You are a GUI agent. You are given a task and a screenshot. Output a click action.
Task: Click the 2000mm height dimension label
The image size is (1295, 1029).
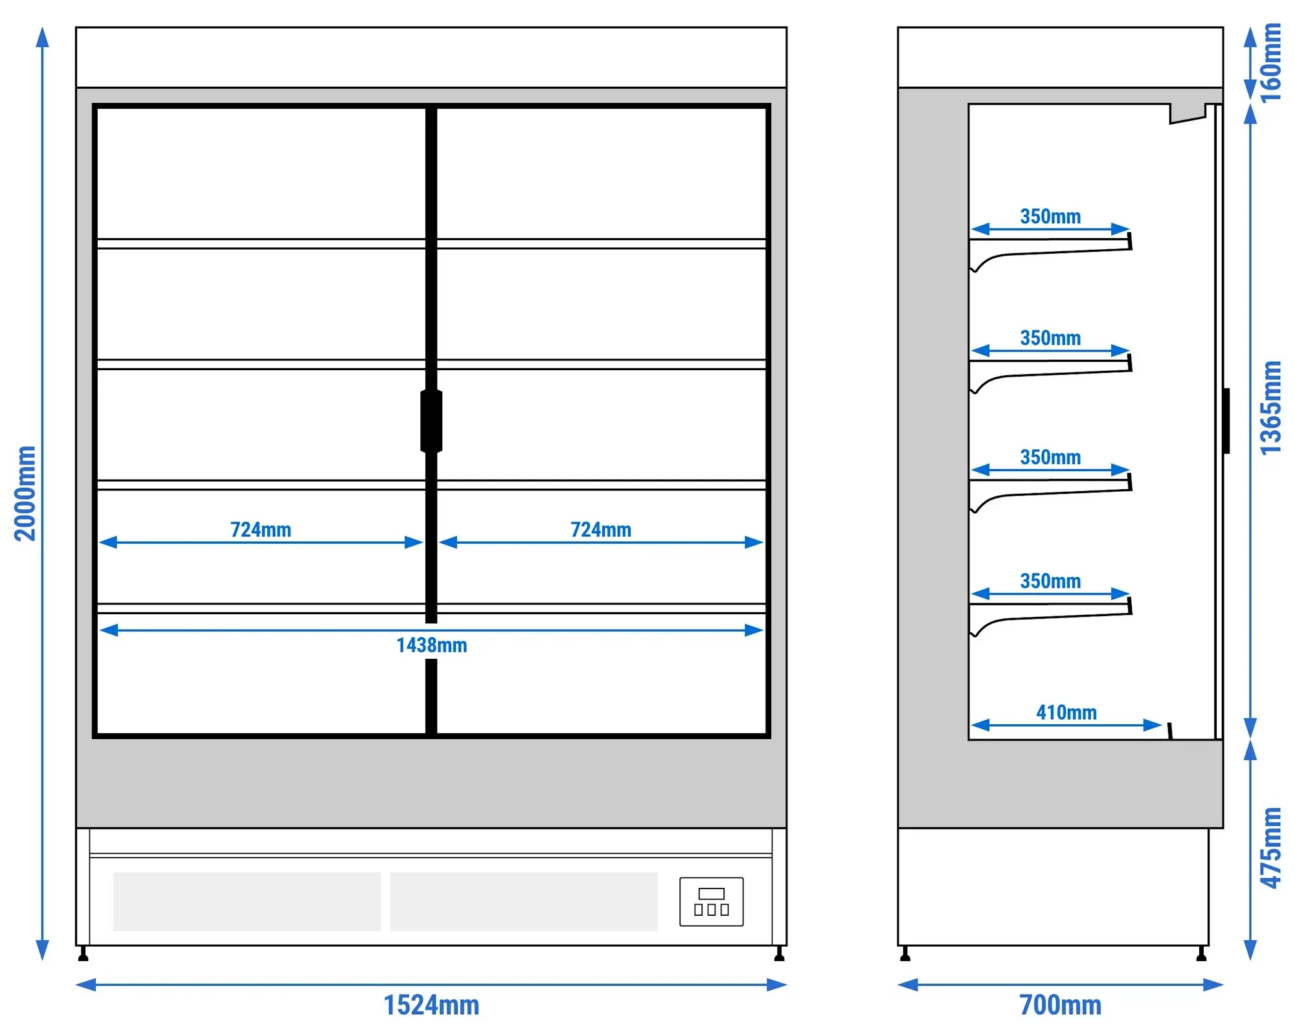tap(25, 493)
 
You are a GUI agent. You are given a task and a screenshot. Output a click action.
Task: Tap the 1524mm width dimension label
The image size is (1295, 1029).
tap(431, 1005)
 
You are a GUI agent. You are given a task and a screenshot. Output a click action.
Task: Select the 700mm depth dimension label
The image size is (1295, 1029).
tap(1060, 1005)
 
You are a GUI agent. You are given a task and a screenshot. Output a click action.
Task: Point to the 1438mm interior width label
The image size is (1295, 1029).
tap(431, 645)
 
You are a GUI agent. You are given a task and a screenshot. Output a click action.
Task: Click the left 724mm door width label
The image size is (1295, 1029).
tap(260, 529)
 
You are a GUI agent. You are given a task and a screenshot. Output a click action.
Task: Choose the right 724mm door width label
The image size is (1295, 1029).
tap(600, 529)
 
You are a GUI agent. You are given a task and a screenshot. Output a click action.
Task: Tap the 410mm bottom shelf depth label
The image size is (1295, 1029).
tap(1066, 713)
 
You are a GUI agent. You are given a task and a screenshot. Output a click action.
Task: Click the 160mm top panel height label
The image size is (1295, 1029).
tap(1271, 63)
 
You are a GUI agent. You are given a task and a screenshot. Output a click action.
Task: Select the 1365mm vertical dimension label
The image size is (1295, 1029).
tap(1271, 408)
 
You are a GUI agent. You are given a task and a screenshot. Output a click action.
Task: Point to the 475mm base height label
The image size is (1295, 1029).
tap(1271, 848)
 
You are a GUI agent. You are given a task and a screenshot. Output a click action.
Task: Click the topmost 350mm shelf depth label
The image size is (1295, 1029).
tap(1050, 216)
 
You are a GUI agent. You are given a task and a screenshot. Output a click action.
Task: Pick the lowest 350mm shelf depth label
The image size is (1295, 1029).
tap(1050, 581)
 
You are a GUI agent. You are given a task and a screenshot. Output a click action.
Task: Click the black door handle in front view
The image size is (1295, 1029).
tap(431, 421)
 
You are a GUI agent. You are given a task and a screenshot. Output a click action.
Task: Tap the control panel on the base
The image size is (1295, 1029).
tap(711, 902)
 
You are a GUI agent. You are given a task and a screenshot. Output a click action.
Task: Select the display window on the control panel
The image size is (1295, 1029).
tap(711, 894)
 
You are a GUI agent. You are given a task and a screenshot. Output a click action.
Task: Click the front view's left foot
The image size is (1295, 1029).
tap(83, 954)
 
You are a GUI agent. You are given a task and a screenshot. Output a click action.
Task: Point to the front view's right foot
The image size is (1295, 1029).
tap(779, 954)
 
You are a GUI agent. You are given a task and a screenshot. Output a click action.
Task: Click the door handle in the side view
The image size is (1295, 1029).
tap(1226, 421)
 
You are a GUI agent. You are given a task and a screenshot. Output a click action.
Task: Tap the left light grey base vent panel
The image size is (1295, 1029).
tap(247, 902)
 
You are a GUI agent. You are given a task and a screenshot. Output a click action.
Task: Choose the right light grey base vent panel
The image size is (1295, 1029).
tap(524, 902)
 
